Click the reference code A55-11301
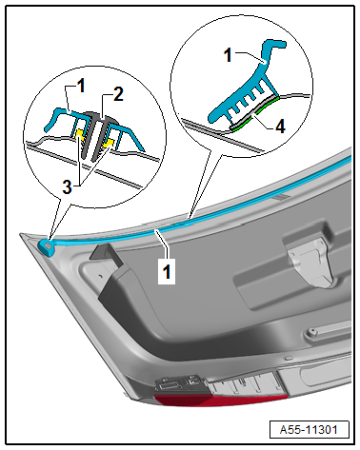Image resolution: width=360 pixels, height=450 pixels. (309, 430)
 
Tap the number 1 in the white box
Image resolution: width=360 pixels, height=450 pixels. (167, 271)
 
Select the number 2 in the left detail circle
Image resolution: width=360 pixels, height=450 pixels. (118, 94)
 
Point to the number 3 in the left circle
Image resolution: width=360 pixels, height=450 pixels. (67, 186)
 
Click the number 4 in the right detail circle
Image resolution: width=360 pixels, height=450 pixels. (280, 127)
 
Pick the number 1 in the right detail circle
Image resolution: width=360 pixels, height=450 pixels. (228, 55)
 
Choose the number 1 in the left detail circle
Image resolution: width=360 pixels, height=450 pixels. (81, 86)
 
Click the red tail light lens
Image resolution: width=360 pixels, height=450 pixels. (221, 400)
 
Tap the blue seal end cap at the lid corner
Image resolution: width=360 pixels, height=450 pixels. (47, 246)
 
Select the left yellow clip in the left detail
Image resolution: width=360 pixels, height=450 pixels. (79, 134)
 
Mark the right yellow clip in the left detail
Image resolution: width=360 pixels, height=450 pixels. (109, 143)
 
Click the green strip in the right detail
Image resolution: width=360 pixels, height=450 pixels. (256, 114)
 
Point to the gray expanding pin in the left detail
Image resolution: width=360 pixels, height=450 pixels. (95, 134)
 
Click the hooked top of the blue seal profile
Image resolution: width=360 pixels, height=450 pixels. (273, 45)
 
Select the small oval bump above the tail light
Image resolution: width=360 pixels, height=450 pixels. (289, 358)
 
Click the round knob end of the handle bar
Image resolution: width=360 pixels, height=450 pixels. (310, 333)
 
